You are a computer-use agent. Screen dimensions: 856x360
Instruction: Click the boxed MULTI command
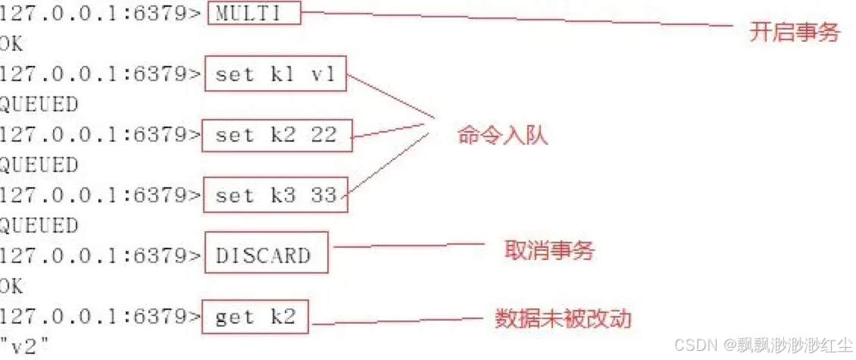(253, 14)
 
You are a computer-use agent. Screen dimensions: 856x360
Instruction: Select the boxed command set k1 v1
(276, 74)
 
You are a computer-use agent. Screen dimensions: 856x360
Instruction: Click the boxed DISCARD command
(267, 255)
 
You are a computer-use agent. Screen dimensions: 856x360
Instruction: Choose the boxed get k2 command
(256, 317)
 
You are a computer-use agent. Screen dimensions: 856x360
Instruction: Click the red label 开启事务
(794, 32)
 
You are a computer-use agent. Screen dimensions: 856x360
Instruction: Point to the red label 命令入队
(502, 136)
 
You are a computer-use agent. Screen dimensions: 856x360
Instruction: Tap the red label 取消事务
(549, 250)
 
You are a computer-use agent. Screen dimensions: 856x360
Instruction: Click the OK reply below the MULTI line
(11, 44)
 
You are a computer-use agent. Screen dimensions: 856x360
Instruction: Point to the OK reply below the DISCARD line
(11, 286)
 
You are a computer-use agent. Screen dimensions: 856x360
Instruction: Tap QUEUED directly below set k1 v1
(39, 105)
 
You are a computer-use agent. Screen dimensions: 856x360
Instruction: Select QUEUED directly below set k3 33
(39, 226)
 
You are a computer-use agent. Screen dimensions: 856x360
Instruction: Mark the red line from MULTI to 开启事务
(515, 20)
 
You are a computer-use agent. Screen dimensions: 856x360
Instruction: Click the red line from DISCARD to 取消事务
(409, 245)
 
